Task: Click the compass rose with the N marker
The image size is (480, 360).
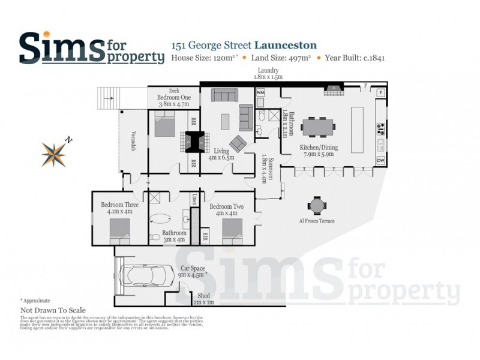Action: tap(54, 154)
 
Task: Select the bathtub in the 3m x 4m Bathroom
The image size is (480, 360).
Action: tap(160, 219)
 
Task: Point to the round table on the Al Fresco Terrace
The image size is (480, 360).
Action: tap(316, 206)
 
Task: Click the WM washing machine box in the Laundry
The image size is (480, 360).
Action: tap(260, 93)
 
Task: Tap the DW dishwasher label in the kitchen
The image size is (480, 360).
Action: tap(380, 161)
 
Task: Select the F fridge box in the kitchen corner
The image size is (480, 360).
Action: tap(380, 93)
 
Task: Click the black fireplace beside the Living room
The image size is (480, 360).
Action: tap(195, 140)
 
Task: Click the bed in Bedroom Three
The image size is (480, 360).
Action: tap(119, 229)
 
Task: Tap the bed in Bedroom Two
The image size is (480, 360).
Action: tap(232, 229)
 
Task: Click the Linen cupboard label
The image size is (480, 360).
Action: tap(194, 199)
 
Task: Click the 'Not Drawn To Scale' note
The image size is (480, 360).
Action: tap(53, 310)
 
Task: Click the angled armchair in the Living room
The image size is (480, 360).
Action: tap(238, 143)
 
